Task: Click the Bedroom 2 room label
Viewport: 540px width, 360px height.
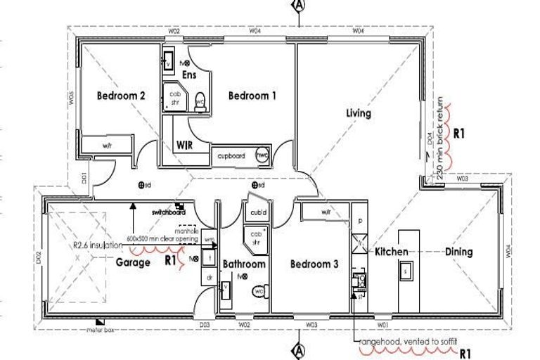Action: coord(121,96)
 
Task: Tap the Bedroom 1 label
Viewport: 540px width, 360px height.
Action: coord(252,96)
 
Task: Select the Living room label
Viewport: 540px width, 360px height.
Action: coord(358,113)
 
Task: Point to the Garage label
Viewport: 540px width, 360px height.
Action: coord(133,262)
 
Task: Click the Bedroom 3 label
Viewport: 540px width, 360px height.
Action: coord(315,264)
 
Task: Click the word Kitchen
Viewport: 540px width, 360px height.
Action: coord(392,251)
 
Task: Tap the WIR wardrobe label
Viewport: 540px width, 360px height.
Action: coord(185,146)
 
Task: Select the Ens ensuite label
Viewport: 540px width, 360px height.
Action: coord(188,75)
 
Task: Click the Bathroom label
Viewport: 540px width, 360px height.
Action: coord(244,264)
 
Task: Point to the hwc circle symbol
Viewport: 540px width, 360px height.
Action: coord(262,155)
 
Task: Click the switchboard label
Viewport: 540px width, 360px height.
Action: coord(167,211)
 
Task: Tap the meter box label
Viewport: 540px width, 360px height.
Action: coord(101,329)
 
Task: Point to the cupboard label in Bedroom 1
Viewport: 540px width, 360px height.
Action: coord(231,156)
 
